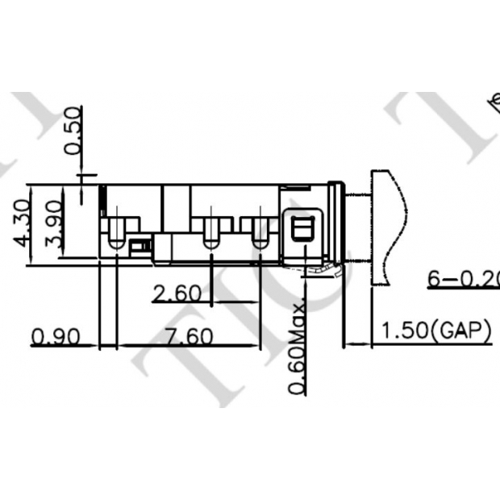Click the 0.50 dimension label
coord(73,130)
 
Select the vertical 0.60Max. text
coord(298,347)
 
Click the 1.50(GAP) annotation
coord(435,331)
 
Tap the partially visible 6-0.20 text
coord(464,279)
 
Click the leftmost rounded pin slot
coord(118,232)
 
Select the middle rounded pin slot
coord(211,232)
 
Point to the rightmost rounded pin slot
coord(260,232)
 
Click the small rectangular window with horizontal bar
coord(303,230)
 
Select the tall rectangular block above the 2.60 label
coord(177,210)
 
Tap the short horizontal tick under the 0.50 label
coord(87,174)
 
